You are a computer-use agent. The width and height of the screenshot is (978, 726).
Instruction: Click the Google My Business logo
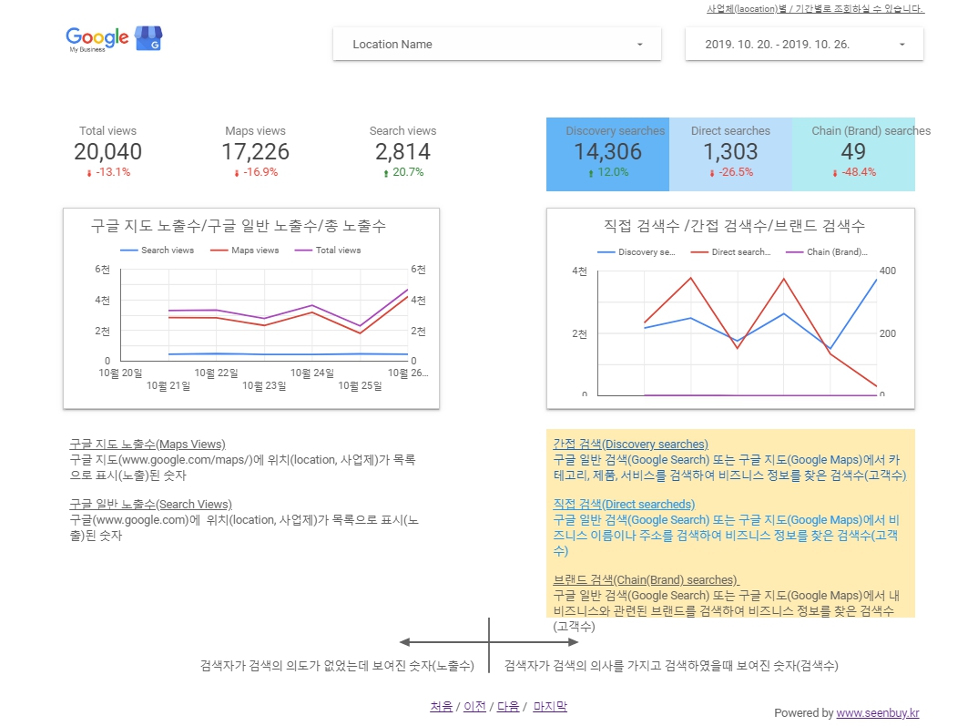[x=113, y=39]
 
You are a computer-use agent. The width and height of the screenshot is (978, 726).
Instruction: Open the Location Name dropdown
[x=496, y=44]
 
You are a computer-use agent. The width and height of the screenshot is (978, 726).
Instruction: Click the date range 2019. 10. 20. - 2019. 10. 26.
[x=804, y=44]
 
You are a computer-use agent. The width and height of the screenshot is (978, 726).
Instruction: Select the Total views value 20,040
[x=107, y=152]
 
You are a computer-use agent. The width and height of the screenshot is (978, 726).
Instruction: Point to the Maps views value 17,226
[x=255, y=152]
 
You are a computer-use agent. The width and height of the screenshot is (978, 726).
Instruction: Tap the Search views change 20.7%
[x=402, y=172]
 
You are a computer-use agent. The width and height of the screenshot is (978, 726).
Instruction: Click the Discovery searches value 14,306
[x=607, y=152]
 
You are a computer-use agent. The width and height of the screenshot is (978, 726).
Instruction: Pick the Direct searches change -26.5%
[x=730, y=172]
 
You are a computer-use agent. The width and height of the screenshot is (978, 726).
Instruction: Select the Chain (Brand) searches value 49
[x=853, y=152]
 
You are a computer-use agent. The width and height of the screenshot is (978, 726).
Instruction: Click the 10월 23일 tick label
[x=264, y=386]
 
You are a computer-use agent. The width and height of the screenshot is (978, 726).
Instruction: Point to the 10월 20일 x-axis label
[x=120, y=373]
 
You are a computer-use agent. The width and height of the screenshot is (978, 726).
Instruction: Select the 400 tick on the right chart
[x=888, y=271]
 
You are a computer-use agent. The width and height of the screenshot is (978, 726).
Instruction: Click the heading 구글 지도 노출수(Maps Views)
[x=147, y=444]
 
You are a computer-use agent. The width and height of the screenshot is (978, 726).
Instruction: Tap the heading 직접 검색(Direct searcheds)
[x=623, y=504]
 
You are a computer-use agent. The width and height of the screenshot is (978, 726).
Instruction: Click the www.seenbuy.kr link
[x=877, y=713]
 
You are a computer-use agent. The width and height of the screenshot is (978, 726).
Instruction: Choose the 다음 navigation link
[x=507, y=706]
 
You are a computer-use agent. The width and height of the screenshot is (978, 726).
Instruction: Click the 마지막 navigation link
[x=549, y=706]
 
